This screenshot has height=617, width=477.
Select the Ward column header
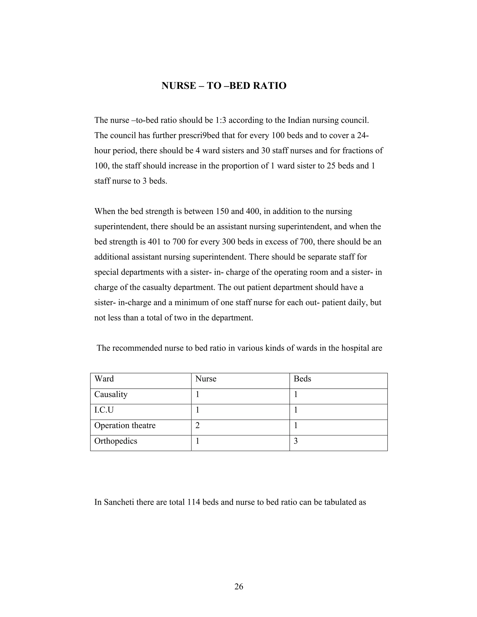pos(104,379)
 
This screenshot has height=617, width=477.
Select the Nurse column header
pos(206,379)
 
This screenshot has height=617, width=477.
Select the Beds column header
pos(302,379)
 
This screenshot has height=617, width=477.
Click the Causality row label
pos(111,394)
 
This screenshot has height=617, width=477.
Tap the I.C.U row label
pos(104,410)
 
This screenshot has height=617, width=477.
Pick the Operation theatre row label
pos(125,425)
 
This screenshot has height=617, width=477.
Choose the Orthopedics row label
pos(116,441)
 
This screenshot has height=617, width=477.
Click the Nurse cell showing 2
pos(197,425)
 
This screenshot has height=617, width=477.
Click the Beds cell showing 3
pos(296,441)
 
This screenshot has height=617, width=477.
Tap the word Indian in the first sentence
pos(298,121)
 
